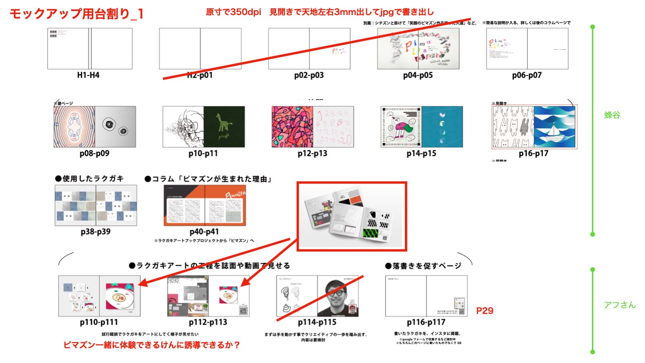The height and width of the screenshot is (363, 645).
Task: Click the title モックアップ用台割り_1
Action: click(77, 14)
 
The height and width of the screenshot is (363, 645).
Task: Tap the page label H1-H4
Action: click(88, 75)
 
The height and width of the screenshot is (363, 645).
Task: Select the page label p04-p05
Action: click(418, 75)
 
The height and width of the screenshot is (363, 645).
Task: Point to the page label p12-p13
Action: click(312, 153)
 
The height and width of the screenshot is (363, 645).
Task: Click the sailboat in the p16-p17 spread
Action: click(555, 131)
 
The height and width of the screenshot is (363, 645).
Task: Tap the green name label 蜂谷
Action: click(612, 115)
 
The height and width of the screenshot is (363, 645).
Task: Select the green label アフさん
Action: click(619, 305)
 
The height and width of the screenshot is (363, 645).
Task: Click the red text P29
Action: click(485, 311)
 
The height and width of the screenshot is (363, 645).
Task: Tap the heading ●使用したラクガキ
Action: click(89, 179)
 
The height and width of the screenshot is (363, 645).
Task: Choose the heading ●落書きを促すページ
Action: click(423, 266)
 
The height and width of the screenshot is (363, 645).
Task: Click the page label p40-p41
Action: click(204, 231)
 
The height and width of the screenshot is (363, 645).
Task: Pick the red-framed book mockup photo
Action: click(352, 216)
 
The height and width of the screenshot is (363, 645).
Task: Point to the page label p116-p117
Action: click(426, 322)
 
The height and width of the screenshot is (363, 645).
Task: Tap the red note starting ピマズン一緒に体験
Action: click(152, 345)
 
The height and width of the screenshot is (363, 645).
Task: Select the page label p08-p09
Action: click(94, 153)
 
